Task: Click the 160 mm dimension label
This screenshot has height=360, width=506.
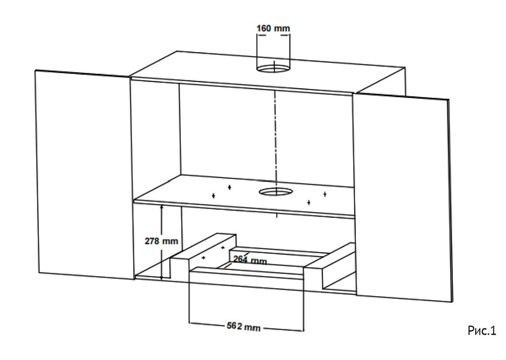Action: pyautogui.click(x=273, y=28)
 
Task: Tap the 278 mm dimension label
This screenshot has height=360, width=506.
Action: pyautogui.click(x=161, y=241)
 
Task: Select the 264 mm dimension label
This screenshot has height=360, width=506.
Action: pyautogui.click(x=250, y=260)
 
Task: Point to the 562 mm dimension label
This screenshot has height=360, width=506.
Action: pyautogui.click(x=244, y=327)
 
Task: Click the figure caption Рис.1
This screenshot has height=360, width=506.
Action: pyautogui.click(x=482, y=331)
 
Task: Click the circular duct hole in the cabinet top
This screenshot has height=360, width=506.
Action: pyautogui.click(x=273, y=69)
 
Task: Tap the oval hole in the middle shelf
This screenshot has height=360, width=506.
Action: pyautogui.click(x=276, y=192)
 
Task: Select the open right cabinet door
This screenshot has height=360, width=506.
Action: pyautogui.click(x=402, y=197)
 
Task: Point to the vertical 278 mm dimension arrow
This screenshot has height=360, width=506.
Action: pyautogui.click(x=162, y=242)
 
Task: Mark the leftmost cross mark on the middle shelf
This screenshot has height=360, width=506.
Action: pyautogui.click(x=214, y=195)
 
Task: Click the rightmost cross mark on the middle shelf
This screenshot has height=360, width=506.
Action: pyautogui.click(x=325, y=194)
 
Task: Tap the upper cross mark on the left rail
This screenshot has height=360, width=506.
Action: pyautogui.click(x=223, y=248)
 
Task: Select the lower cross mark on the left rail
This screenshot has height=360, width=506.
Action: pyautogui.click(x=203, y=258)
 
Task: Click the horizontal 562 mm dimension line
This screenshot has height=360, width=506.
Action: pyautogui.click(x=246, y=327)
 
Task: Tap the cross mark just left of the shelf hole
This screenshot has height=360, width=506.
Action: pyautogui.click(x=229, y=187)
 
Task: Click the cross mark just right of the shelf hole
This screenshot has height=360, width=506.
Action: pyautogui.click(x=309, y=203)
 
